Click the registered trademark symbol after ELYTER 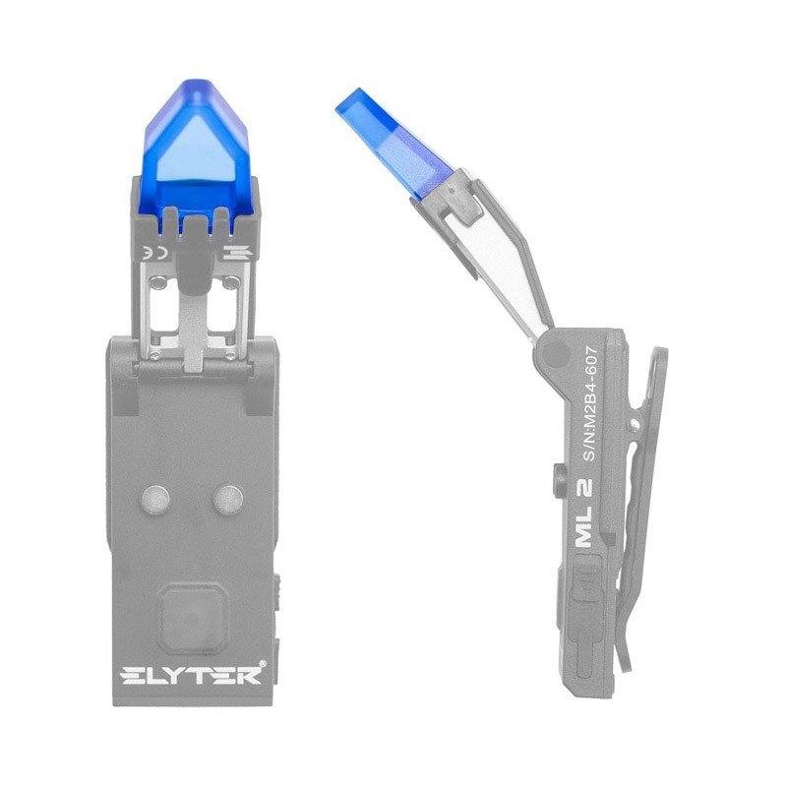point(262,663)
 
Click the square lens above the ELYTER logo point(192,614)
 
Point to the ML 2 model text point(584,512)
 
